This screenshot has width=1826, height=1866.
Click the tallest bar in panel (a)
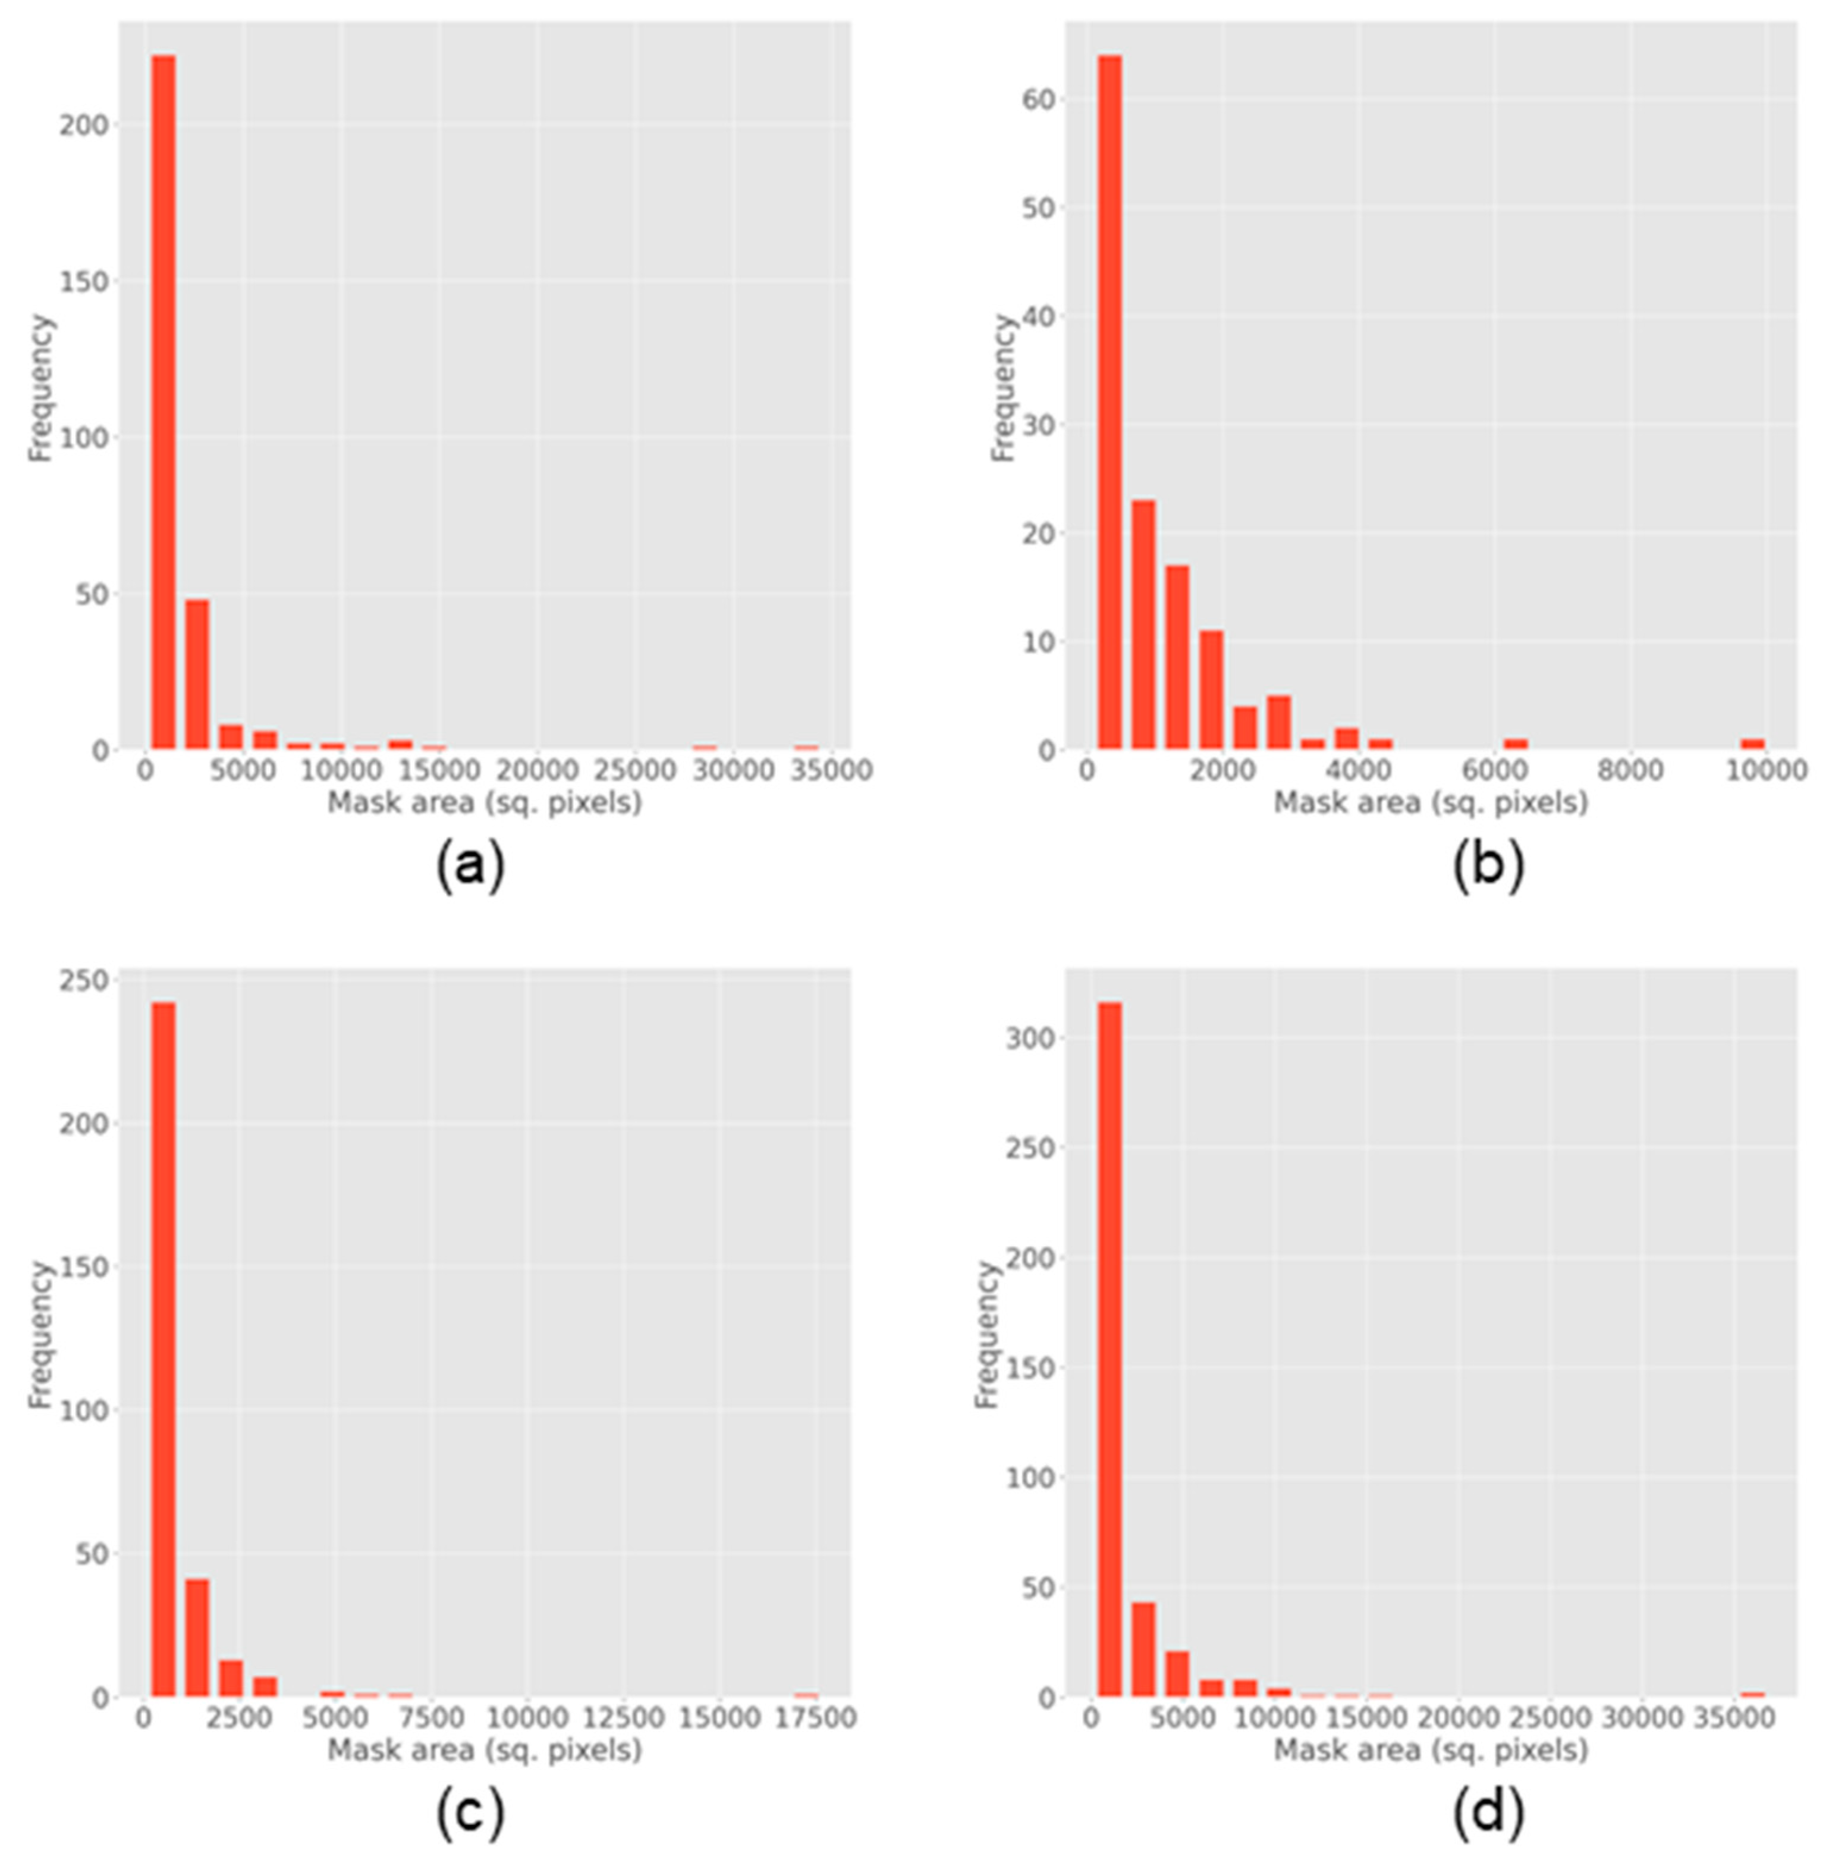[163, 402]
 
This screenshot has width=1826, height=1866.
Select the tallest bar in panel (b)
[1110, 402]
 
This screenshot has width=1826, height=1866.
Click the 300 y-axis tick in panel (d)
[1030, 1038]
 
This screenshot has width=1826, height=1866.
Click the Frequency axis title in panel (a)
[40, 388]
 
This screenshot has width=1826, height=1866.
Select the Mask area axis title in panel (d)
[1430, 1750]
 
